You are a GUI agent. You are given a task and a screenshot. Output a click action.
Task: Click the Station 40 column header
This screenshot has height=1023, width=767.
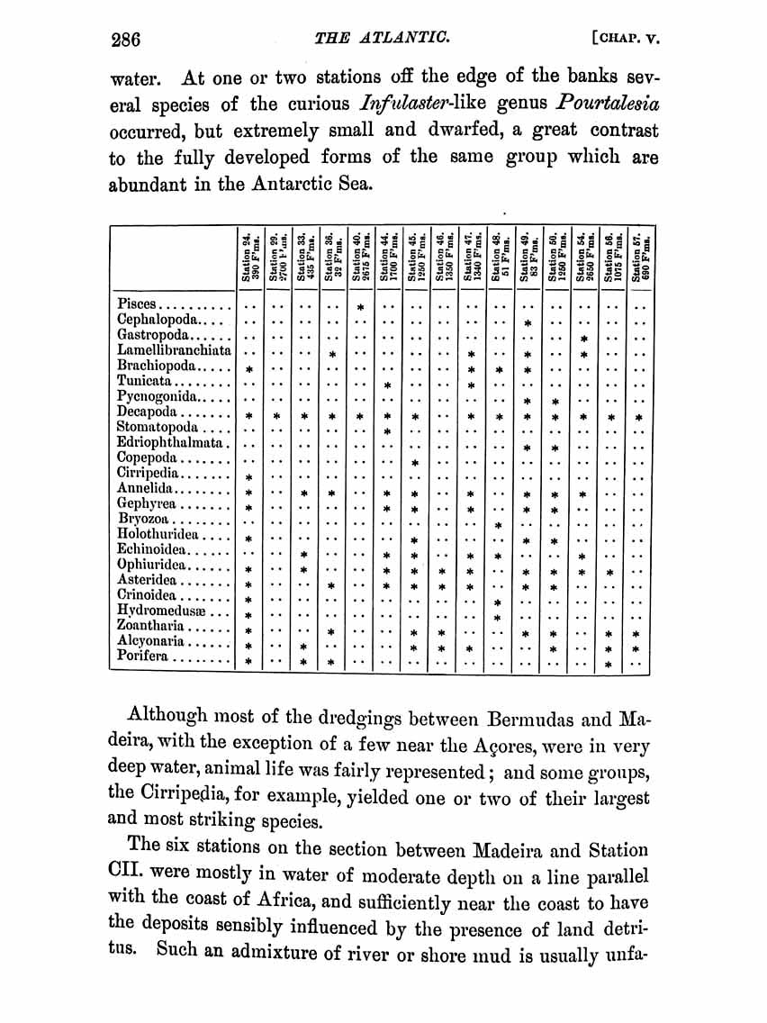click(x=361, y=259)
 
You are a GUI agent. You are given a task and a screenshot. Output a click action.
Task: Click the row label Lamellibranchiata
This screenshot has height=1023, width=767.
click(x=174, y=349)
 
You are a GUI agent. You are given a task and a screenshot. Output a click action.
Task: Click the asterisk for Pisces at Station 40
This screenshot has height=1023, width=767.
click(x=360, y=308)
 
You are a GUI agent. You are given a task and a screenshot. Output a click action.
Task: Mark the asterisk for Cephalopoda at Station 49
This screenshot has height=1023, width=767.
click(x=528, y=322)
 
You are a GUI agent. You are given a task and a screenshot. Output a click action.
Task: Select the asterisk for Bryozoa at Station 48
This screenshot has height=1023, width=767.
click(x=498, y=526)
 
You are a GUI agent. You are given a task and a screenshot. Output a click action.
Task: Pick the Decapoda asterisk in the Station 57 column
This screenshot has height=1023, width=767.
click(x=639, y=419)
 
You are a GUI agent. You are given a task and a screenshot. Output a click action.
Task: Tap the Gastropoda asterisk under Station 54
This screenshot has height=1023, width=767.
click(x=584, y=339)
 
